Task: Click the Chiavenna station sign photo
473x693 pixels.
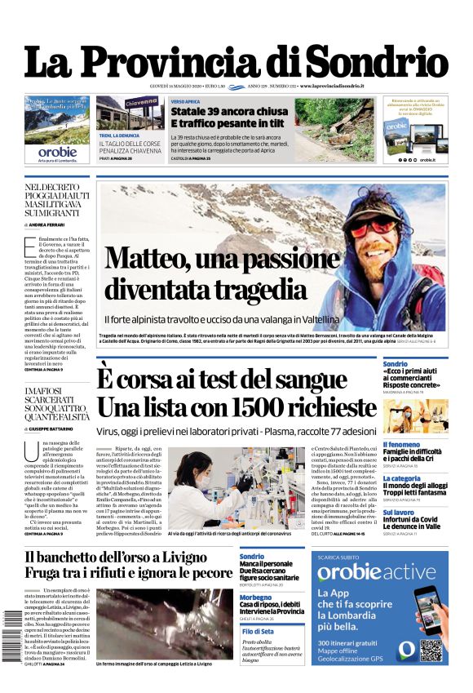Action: coord(130,113)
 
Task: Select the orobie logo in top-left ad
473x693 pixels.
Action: coord(57,151)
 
